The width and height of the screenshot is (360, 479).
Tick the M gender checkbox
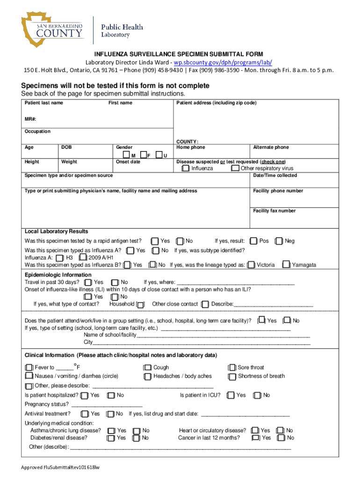coord(126,155)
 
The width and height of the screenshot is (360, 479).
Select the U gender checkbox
coord(159,155)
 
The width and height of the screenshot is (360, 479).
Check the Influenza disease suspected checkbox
coord(186,168)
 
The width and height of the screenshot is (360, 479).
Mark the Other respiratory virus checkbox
coord(235,168)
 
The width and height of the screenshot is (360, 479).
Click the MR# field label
coord(30,118)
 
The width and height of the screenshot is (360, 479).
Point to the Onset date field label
coord(128,162)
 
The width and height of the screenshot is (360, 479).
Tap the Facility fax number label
coord(274,211)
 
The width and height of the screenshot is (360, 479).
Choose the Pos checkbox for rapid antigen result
coord(254,241)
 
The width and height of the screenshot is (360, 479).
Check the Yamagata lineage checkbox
coord(285,265)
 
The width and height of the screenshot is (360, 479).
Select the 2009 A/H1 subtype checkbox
coord(83,257)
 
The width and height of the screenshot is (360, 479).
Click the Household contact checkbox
coord(140,304)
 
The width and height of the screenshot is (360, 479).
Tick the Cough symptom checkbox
coord(148,368)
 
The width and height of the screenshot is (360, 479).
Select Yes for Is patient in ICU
coord(230,395)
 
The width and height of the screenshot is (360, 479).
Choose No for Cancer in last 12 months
coord(281,438)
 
